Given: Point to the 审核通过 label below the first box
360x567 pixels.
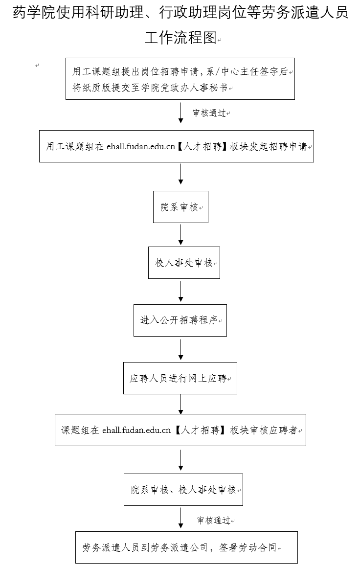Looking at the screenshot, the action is [209, 113].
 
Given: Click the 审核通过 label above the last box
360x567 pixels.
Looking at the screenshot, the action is [214, 521].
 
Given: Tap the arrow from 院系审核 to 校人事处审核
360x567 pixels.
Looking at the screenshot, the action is [180, 234].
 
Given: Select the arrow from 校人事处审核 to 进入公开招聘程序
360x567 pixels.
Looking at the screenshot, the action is [180, 291].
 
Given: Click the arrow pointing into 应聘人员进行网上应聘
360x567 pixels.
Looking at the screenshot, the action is [180, 349].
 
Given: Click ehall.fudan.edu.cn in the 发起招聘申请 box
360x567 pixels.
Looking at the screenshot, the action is [141, 146].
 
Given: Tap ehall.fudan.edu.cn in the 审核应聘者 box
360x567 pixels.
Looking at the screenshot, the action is [136, 430].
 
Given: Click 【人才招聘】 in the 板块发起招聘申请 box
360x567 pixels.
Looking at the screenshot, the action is [202, 146].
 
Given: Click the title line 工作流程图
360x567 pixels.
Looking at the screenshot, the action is [180, 38].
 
